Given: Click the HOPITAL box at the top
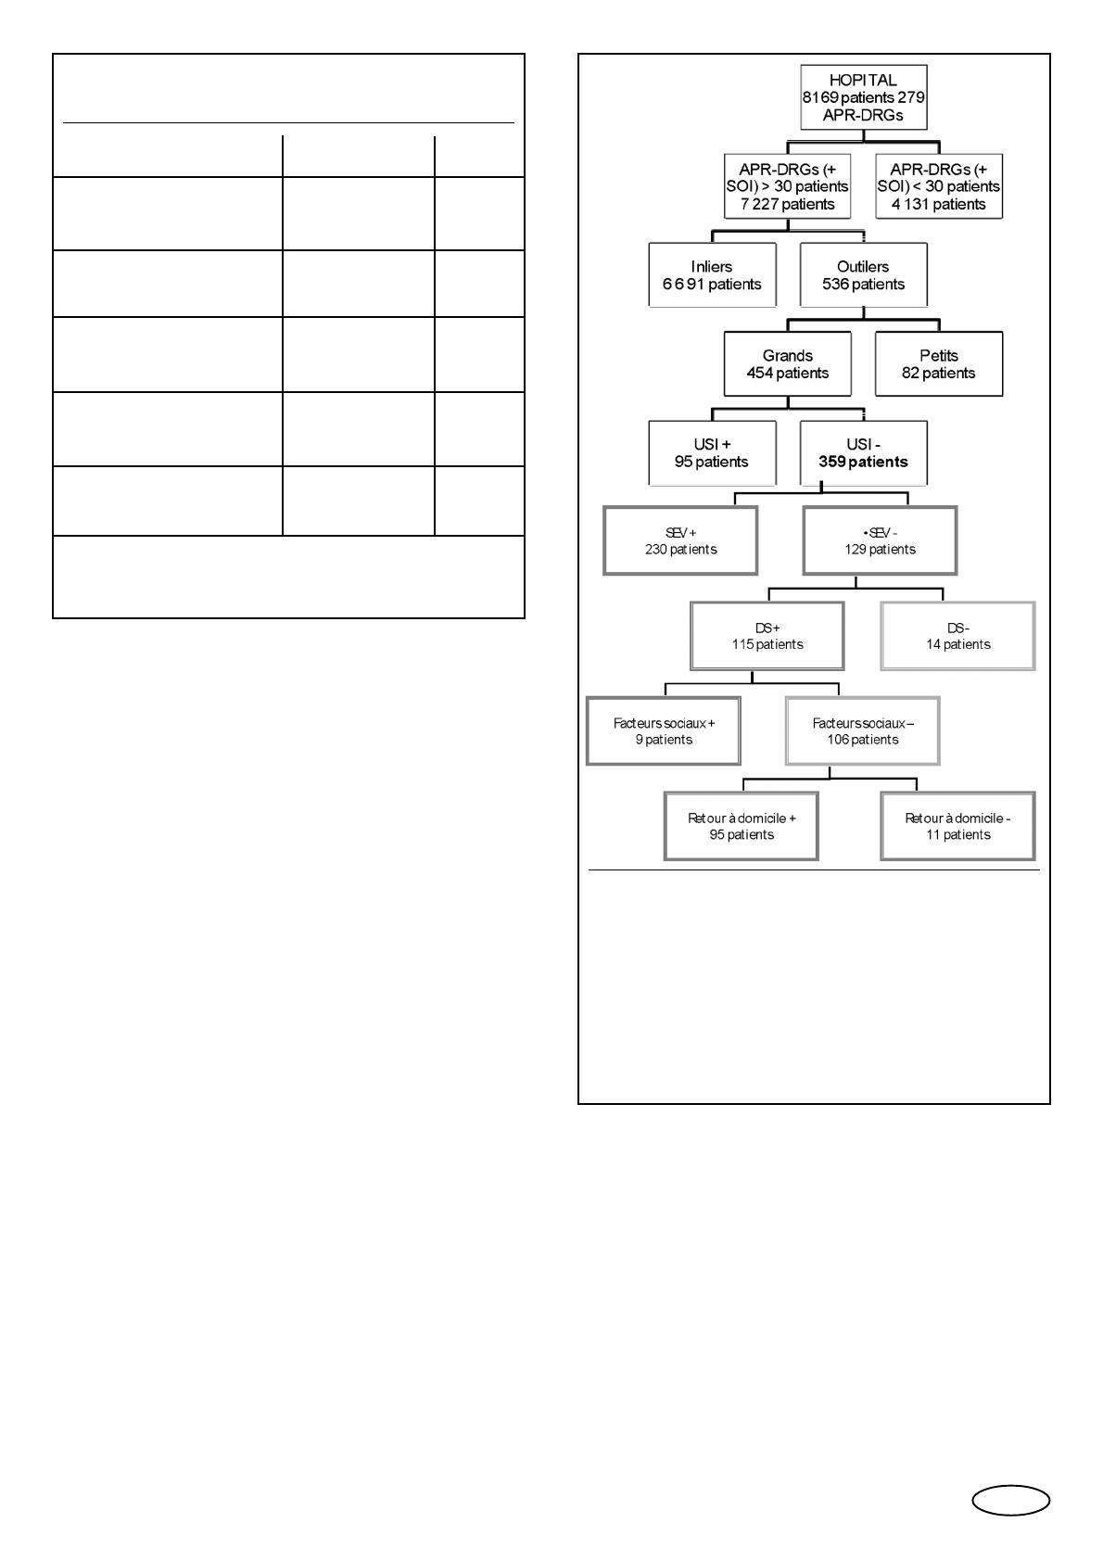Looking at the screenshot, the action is pos(863,97).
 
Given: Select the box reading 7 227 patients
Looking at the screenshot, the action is pos(787,186).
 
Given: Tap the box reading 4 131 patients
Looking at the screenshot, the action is pos(939,186).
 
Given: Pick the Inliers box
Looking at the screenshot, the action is pos(712,275).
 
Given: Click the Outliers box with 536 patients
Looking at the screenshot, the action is pos(863,275).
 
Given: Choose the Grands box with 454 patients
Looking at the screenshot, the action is pos(787,363).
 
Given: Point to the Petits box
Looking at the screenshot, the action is pos(939,363).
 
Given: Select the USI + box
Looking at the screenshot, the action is pos(712,453).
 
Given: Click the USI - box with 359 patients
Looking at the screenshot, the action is pos(863,453).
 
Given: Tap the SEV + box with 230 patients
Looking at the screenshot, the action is pos(680,540).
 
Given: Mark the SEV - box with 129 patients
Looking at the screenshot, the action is pos(880,540).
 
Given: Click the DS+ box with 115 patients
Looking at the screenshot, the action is pos(767,636).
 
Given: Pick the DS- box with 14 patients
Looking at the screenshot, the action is pos(958,636).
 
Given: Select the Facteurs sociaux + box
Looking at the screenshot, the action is pos(664,731).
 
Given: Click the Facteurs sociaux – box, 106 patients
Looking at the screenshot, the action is pos(863,731).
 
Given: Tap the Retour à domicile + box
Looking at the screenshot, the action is pos(742,826).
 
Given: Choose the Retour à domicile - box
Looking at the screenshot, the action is pos(958,826).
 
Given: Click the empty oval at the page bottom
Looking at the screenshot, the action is pos(1010,1500).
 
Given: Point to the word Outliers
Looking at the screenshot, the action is pos(863,266).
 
